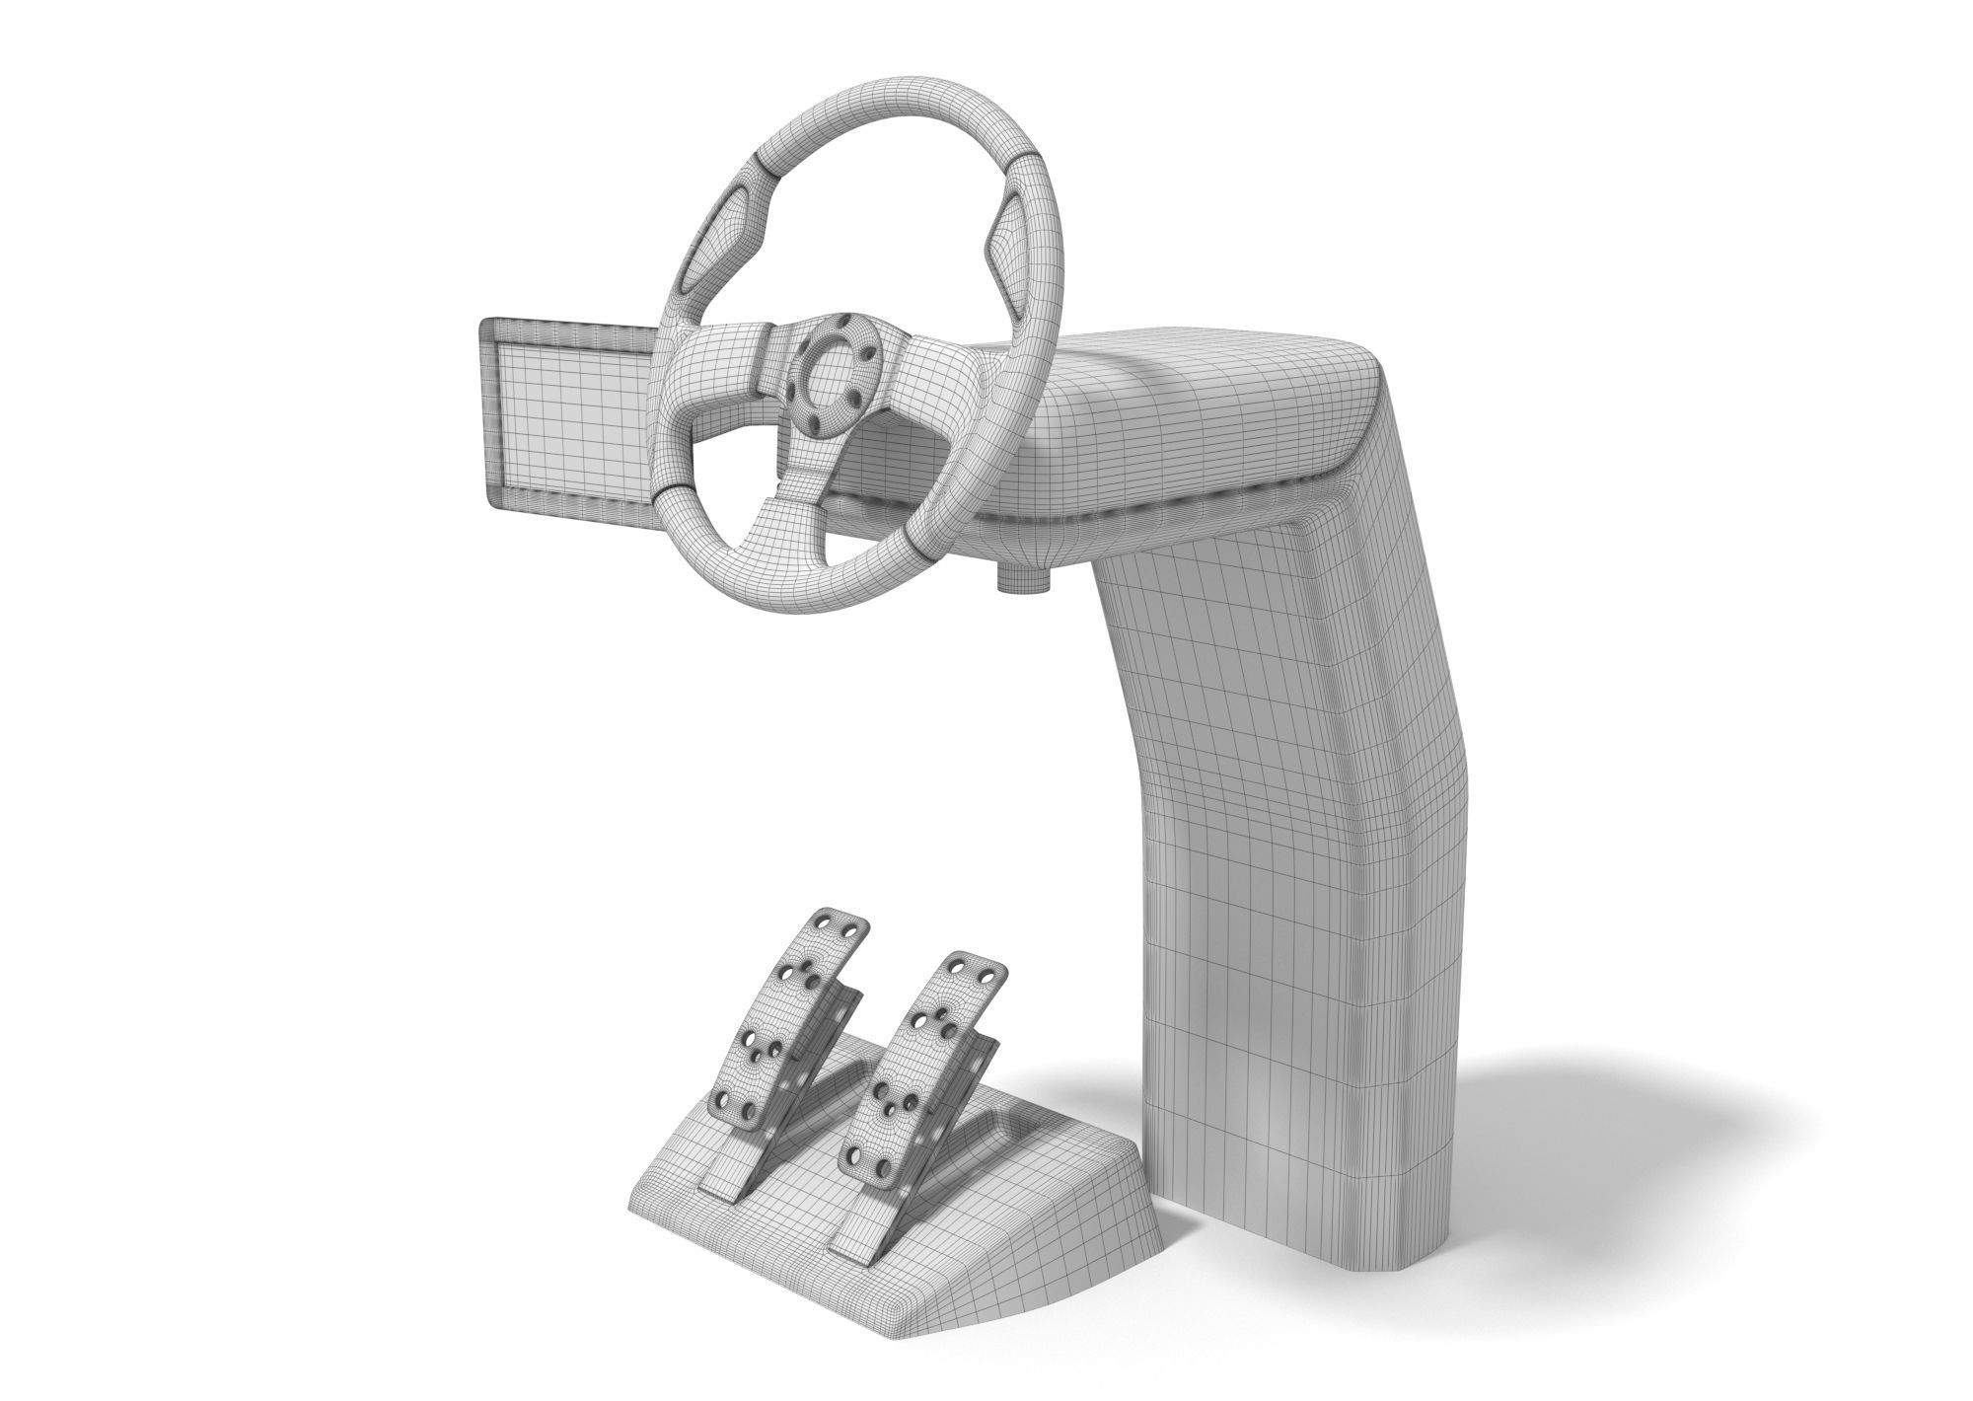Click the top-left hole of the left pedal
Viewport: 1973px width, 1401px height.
823,922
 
